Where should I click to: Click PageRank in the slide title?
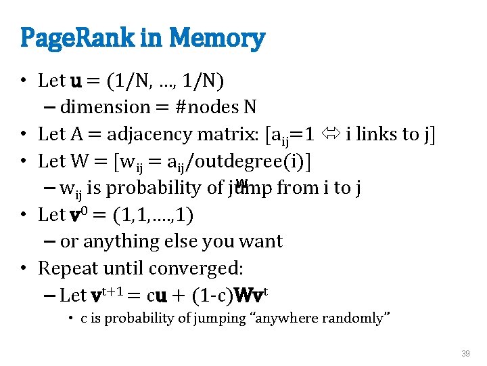point(80,39)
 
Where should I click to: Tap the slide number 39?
point(465,354)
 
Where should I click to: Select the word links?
point(382,134)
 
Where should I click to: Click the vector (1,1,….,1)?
point(152,215)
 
